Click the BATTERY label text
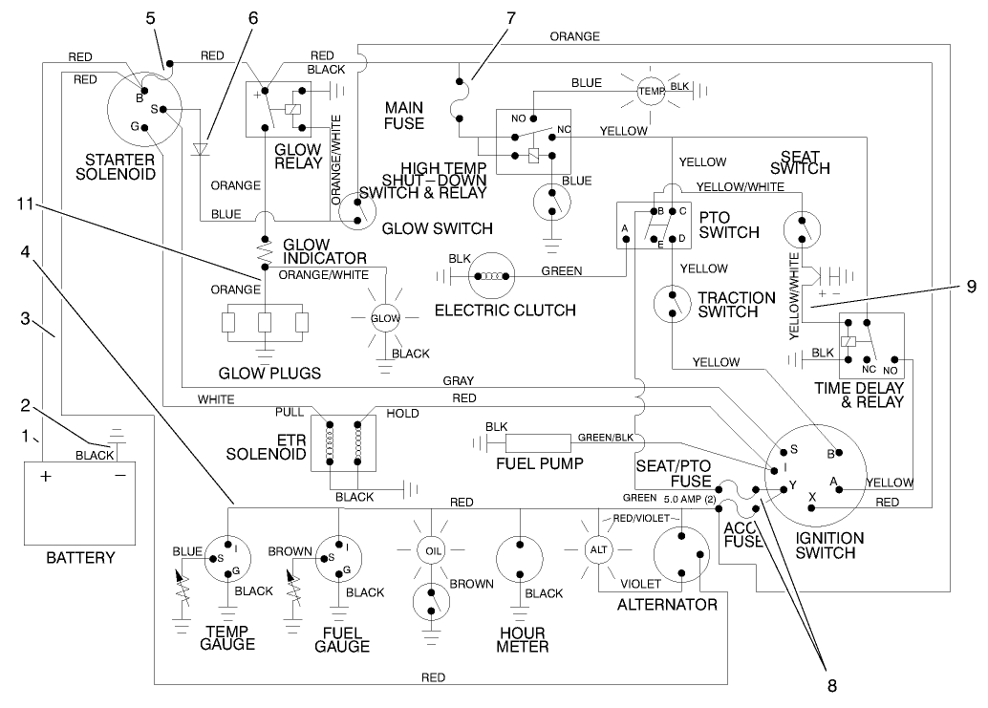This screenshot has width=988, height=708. point(80,557)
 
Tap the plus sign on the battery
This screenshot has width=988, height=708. point(45,476)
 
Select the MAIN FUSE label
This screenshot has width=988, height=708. point(404,114)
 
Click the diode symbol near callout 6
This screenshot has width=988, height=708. point(200,148)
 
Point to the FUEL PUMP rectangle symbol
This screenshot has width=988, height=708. point(536,442)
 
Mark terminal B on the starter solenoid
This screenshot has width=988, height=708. point(140,97)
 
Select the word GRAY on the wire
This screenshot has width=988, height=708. point(458,381)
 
